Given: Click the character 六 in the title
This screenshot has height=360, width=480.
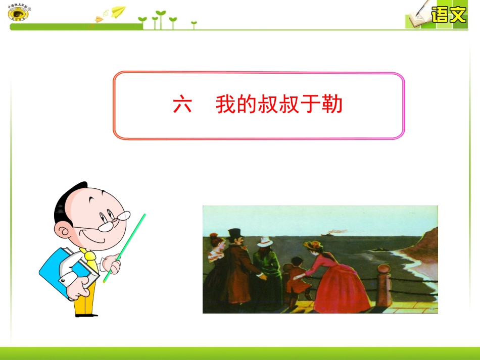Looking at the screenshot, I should (182, 105).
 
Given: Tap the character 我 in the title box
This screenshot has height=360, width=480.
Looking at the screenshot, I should (226, 105).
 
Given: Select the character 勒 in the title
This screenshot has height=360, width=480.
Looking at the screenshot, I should (332, 105).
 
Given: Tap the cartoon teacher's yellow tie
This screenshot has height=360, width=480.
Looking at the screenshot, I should (90, 257).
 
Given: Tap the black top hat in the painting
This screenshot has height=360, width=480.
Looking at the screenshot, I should (235, 234).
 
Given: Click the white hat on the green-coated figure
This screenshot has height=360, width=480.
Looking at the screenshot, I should (264, 242).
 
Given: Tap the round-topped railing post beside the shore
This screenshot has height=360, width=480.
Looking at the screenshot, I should (384, 287).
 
